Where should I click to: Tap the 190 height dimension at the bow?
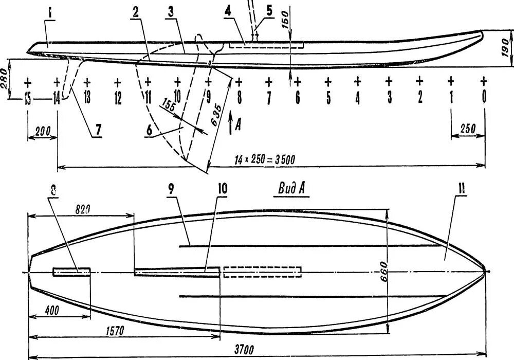tap(506, 47)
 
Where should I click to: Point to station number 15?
tap(28, 98)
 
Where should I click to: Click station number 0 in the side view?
tap(484, 97)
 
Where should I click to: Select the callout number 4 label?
tap(227, 11)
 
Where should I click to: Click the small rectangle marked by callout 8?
tap(71, 271)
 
